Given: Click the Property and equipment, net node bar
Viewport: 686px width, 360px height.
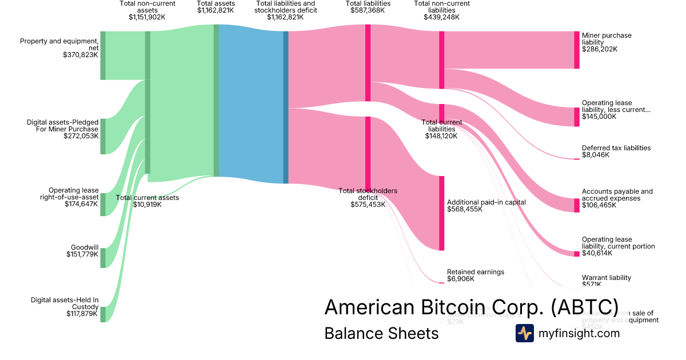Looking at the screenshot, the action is point(103,55).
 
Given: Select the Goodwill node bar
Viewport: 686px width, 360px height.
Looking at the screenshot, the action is point(103,258).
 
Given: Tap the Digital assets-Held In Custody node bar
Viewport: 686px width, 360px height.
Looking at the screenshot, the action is point(103,314).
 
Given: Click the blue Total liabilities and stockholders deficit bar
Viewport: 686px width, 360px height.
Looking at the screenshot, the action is point(286,107).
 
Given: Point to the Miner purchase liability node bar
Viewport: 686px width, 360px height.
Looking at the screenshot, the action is point(577,50).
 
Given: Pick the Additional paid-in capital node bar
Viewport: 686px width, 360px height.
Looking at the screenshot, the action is point(441,213).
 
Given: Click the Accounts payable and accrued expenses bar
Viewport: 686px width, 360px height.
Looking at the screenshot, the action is point(577,205).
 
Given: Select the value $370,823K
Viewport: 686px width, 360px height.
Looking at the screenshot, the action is point(81,55).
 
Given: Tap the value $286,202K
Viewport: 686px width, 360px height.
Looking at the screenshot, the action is point(600,49).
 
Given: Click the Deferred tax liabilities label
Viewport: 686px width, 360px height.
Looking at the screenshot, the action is point(616,148).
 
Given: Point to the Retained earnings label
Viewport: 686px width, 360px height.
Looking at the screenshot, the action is point(476,272).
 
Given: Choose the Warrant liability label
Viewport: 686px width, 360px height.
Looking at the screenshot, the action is point(607,278).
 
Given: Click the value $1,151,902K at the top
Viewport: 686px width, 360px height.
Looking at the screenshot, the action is point(147,17).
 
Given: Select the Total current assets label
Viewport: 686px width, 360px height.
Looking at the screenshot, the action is point(147,198).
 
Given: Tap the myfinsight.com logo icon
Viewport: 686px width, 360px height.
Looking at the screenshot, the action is point(524,333).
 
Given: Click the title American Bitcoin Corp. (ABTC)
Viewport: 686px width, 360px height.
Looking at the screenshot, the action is point(471,307).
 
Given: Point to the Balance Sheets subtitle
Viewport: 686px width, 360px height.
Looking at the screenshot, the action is point(381,333).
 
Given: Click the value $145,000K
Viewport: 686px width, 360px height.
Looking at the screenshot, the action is point(599,117).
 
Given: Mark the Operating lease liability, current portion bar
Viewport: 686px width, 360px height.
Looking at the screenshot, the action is point(577,254).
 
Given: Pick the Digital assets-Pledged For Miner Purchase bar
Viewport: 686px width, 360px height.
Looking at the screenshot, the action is point(103,137).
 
